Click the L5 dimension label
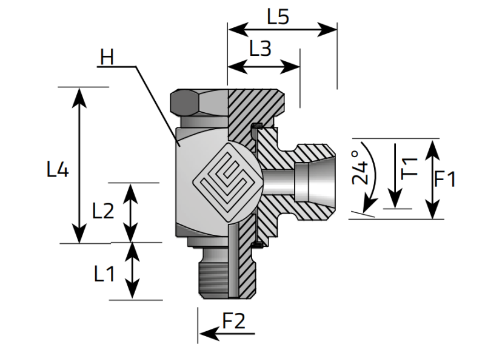point(278,16)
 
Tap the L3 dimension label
point(260,49)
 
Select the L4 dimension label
point(58,170)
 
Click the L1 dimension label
point(104,274)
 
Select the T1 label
point(410,167)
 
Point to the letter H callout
point(107,58)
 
